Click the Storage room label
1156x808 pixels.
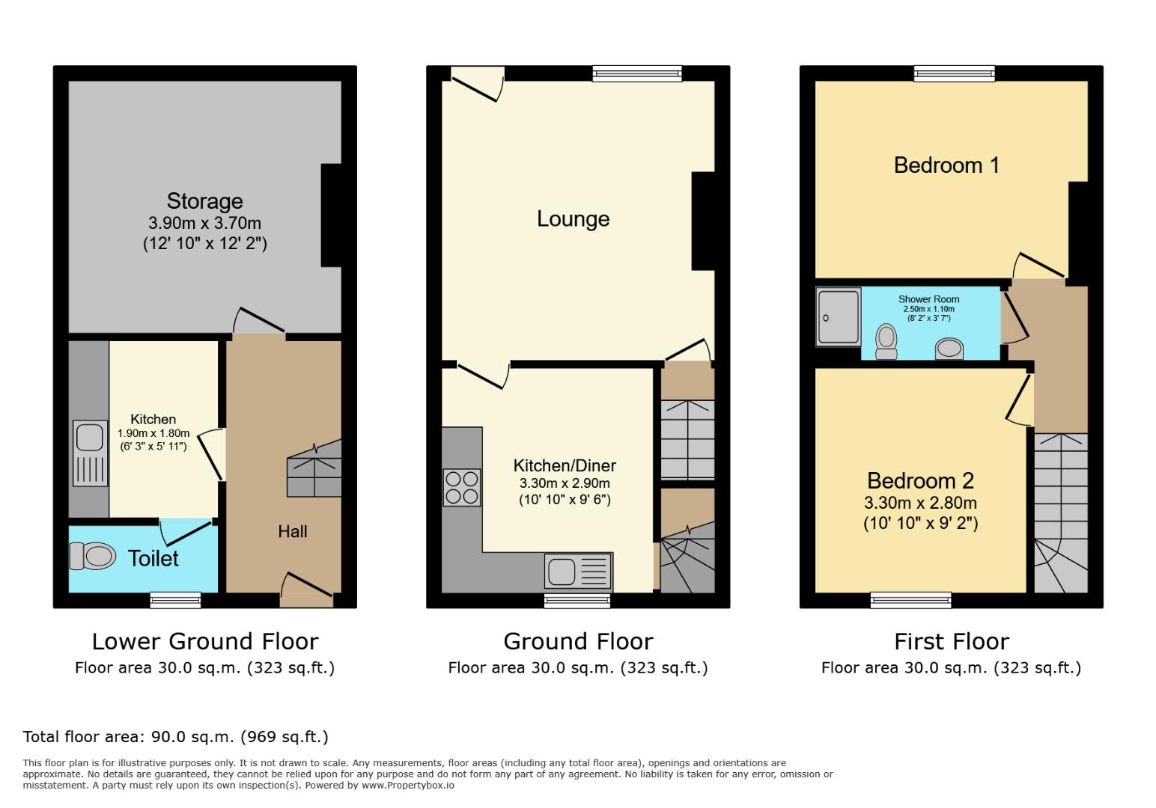(x=204, y=201)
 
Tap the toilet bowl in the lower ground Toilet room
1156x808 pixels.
(x=94, y=556)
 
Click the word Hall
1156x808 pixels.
(x=292, y=531)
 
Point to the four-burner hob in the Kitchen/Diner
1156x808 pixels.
(x=461, y=487)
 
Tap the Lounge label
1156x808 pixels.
(x=573, y=218)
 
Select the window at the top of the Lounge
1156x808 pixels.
(x=637, y=73)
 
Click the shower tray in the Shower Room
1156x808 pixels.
(x=839, y=317)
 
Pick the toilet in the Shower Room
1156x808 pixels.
(x=886, y=341)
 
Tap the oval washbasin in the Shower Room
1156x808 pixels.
(x=949, y=348)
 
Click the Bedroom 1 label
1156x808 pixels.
(x=946, y=165)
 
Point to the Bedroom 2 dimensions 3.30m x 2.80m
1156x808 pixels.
(x=920, y=504)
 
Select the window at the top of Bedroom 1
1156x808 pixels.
(x=955, y=73)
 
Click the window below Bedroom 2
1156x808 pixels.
(x=910, y=599)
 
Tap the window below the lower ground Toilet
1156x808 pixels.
(x=175, y=599)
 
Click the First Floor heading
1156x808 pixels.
(x=951, y=641)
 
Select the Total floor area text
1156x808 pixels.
(x=175, y=737)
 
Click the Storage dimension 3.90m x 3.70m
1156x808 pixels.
(x=204, y=223)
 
